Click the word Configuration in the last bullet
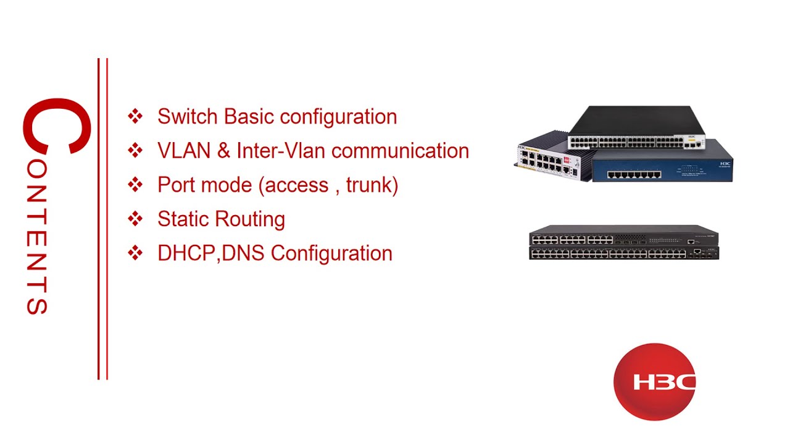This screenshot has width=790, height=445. (x=331, y=253)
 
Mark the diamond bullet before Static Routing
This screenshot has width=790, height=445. (x=135, y=218)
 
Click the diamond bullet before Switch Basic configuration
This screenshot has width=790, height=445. (x=135, y=116)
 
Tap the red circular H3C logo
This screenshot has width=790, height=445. (x=655, y=382)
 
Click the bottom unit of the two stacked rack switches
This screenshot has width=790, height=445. (x=623, y=253)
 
